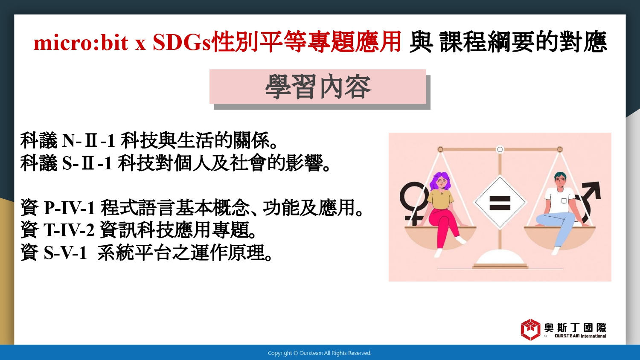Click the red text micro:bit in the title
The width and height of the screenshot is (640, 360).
point(81,43)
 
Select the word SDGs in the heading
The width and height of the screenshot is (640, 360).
point(181,43)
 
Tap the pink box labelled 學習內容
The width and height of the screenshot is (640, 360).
point(318,87)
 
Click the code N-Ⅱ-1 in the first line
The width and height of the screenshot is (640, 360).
point(88,141)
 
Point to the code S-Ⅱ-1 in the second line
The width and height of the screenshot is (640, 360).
point(87,163)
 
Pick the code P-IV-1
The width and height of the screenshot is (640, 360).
point(69,208)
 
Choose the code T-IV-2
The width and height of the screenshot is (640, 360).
point(69,230)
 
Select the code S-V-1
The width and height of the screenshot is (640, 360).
point(65,253)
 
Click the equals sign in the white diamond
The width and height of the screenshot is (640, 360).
point(500,203)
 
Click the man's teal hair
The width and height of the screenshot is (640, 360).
point(560,175)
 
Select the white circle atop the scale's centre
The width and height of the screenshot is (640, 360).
point(500,149)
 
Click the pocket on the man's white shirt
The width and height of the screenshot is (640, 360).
point(564,201)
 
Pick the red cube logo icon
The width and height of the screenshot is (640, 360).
point(530,329)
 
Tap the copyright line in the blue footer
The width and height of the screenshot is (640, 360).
point(320,353)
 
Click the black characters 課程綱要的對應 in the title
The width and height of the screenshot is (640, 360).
point(523,42)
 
